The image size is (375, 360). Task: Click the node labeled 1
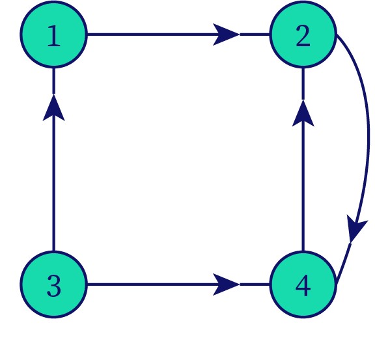[53, 35]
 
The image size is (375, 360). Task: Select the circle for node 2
[303, 35]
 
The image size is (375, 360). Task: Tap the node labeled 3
[53, 284]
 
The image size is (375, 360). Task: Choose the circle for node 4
[303, 284]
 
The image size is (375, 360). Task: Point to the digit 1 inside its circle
[53, 36]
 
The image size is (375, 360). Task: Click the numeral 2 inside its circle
[303, 36]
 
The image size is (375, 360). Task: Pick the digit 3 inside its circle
[54, 286]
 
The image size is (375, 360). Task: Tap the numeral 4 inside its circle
[303, 286]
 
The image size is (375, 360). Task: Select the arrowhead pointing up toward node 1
[53, 107]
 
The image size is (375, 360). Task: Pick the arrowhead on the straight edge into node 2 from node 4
[303, 113]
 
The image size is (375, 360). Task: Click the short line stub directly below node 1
[53, 81]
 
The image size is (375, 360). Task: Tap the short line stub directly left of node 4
[255, 284]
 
